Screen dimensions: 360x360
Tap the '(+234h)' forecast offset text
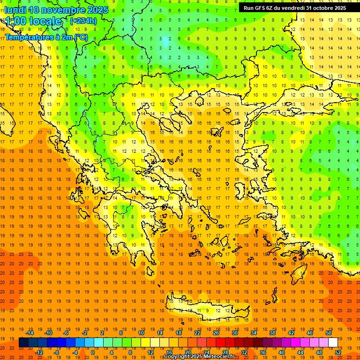83,21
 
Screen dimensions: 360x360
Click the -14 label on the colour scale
31,333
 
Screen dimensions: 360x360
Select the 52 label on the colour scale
338,352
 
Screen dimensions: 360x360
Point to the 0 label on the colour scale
93,352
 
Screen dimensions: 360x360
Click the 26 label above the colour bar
216,333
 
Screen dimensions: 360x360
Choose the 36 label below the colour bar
263,352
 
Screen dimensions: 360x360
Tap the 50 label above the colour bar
329,333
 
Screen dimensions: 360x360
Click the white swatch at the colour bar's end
333,342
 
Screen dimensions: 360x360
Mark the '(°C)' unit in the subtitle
80,37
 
